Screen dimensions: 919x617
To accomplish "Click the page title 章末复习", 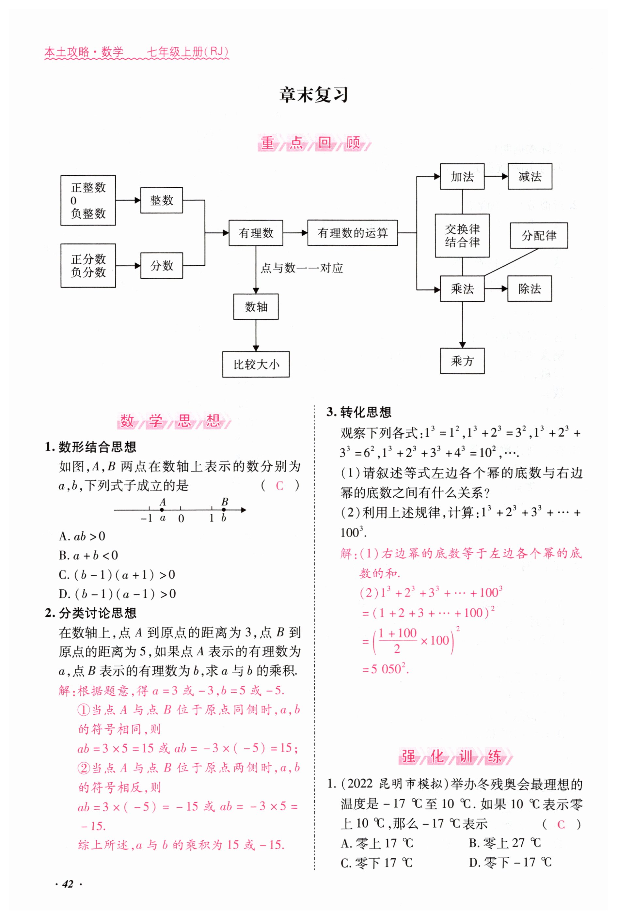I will pyautogui.click(x=314, y=95).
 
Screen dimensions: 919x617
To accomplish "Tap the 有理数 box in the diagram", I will pyautogui.click(x=256, y=233).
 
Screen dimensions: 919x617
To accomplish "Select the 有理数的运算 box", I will pyautogui.click(x=352, y=233).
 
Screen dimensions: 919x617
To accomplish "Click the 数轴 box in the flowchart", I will pyautogui.click(x=256, y=306).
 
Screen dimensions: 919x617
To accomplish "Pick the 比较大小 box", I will pyautogui.click(x=256, y=364).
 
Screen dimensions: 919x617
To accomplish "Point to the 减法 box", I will pyautogui.click(x=530, y=176).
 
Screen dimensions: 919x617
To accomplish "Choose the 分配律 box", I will pyautogui.click(x=539, y=235).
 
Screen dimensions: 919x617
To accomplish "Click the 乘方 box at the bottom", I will pyautogui.click(x=462, y=361).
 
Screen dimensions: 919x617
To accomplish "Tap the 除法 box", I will pyautogui.click(x=529, y=289).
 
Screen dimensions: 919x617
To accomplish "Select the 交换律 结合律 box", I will pyautogui.click(x=462, y=235).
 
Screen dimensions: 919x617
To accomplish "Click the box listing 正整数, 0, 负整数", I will pyautogui.click(x=88, y=200).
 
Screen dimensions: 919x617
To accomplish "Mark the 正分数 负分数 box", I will pyautogui.click(x=88, y=266).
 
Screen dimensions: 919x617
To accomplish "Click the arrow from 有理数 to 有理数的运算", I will pyautogui.click(x=295, y=233).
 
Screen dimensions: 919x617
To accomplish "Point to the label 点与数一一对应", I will pyautogui.click(x=301, y=268).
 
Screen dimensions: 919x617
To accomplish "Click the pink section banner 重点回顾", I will pyautogui.click(x=314, y=143).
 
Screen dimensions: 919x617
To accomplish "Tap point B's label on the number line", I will pyautogui.click(x=225, y=502).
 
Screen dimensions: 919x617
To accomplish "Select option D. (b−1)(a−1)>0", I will pyautogui.click(x=117, y=594).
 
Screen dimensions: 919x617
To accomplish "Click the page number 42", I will pyautogui.click(x=68, y=884).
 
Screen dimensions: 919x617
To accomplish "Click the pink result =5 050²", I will pyautogui.click(x=386, y=669).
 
